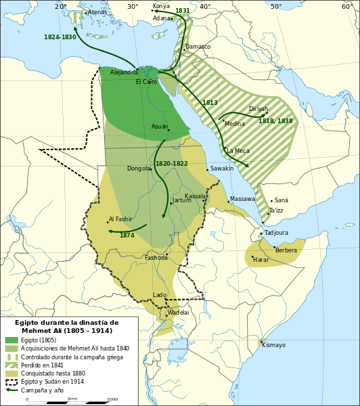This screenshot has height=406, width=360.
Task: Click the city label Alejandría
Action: click(124, 72)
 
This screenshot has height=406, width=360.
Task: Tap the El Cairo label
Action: click(146, 82)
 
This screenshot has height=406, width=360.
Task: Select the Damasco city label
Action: click(198, 47)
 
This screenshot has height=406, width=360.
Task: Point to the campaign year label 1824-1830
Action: click(60, 37)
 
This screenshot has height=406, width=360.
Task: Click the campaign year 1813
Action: click(210, 103)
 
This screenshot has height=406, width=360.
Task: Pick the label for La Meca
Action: click(238, 151)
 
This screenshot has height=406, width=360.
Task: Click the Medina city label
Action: click(235, 124)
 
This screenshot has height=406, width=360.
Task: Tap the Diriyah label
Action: click(258, 109)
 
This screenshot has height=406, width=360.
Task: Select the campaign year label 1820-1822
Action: click(172, 164)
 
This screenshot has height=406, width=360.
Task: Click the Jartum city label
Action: click(182, 201)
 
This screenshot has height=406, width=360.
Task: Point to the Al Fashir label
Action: click(120, 219)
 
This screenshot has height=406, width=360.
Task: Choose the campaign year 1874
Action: click(127, 235)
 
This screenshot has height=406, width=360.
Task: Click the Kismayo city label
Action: click(274, 345)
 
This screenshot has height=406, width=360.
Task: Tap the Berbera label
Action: click(286, 250)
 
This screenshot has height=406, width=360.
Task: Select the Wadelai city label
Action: click(179, 313)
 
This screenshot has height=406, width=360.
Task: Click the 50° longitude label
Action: click(276, 7)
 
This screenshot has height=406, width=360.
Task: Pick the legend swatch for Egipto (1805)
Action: click(12, 340)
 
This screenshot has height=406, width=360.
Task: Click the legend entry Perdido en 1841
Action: click(42, 365)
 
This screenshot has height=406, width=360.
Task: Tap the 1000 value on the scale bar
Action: click(112, 399)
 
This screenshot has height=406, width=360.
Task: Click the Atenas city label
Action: click(97, 12)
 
